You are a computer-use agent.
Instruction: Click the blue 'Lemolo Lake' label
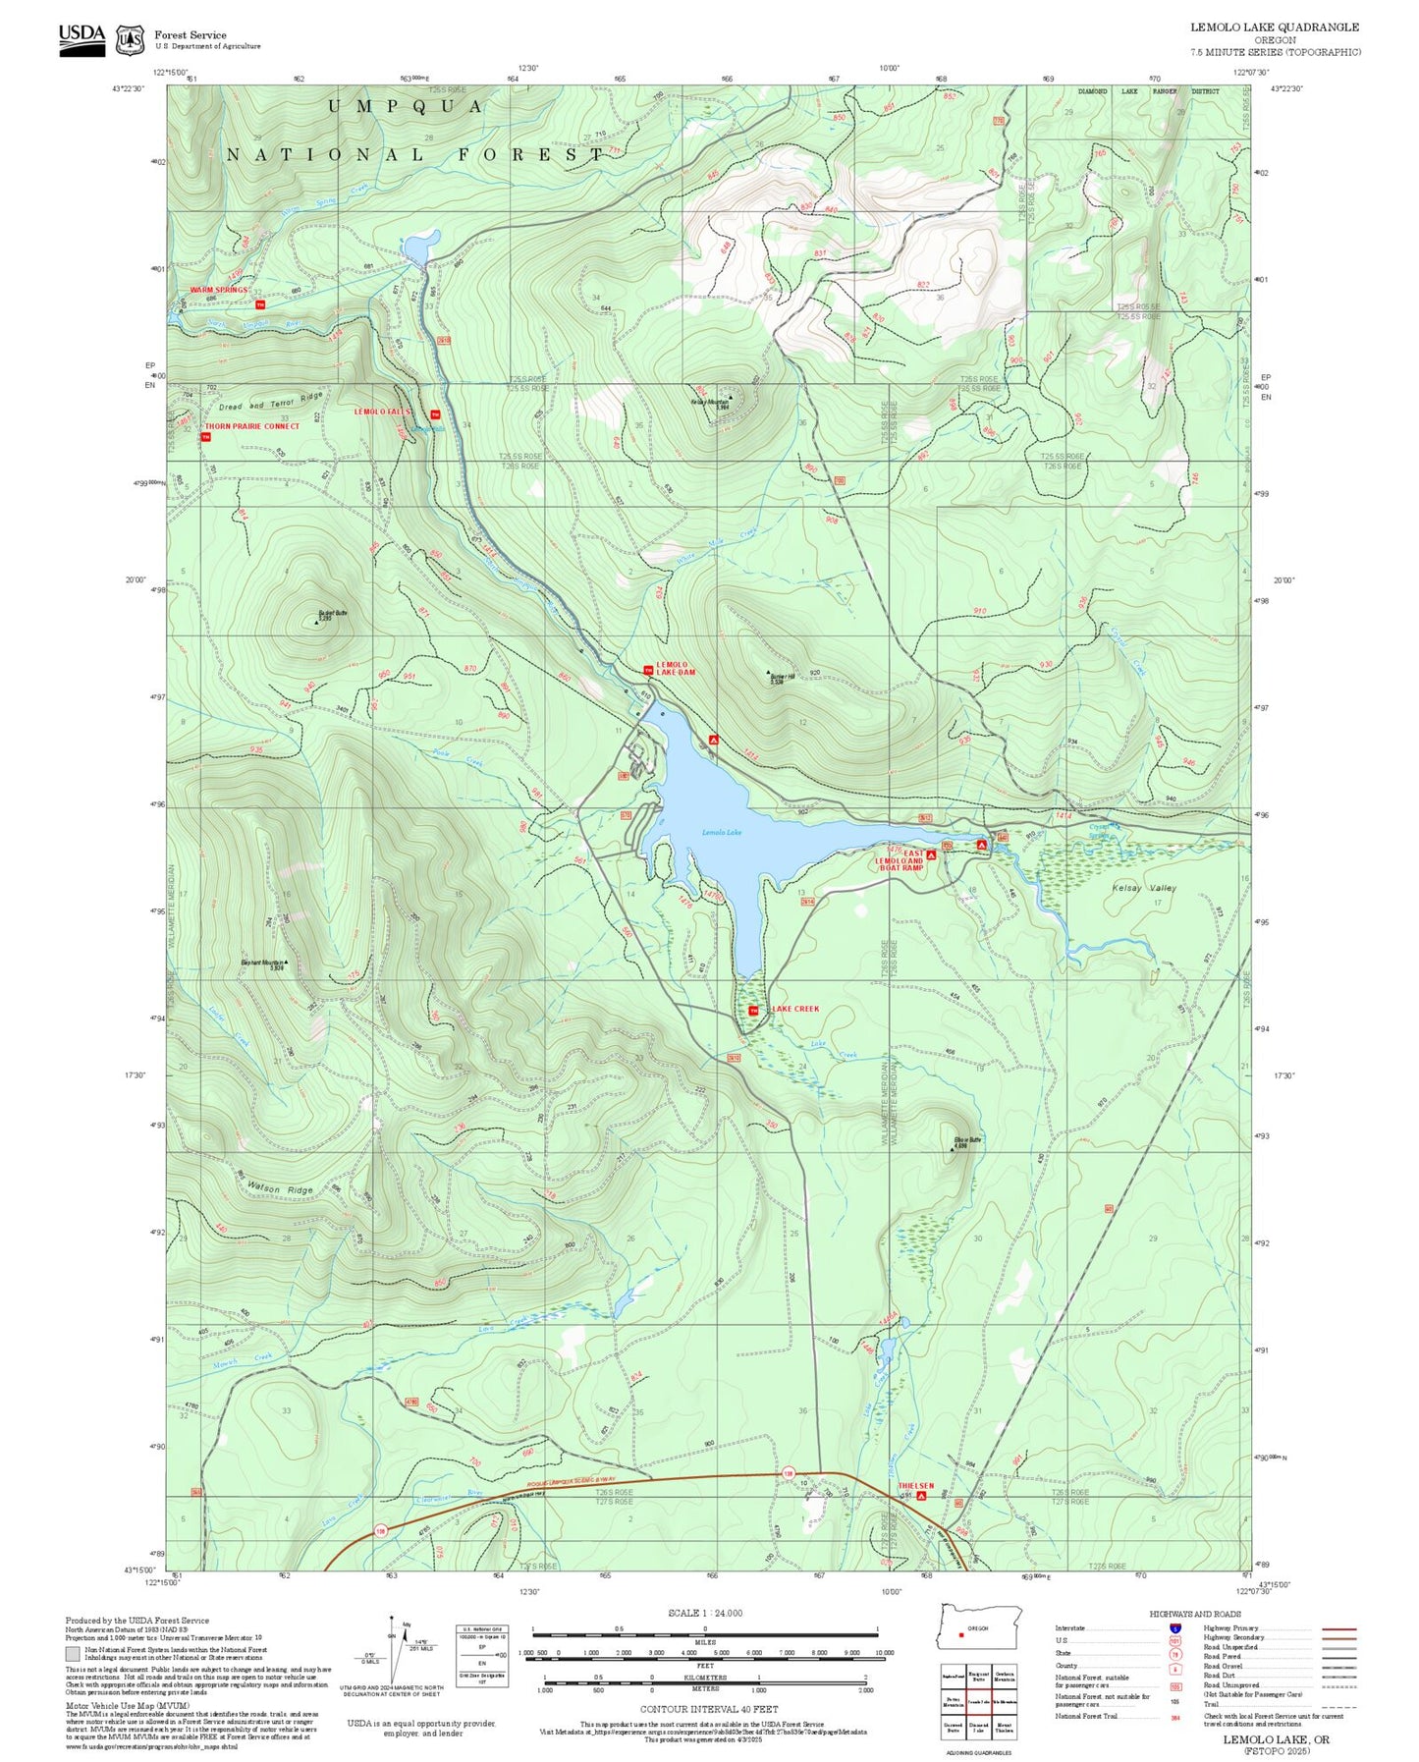[721, 832]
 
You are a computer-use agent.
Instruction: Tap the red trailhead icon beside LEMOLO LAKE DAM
[648, 670]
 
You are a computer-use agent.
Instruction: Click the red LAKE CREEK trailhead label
[794, 1009]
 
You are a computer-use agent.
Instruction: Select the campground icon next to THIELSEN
[921, 1497]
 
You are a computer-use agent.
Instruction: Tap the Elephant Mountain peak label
[263, 964]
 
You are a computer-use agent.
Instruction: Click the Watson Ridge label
[280, 1188]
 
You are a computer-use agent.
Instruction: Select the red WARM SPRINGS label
[218, 291]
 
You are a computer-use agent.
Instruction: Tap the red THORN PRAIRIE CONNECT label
[251, 426]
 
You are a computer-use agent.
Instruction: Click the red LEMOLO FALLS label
[383, 413]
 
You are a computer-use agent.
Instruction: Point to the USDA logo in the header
[82, 38]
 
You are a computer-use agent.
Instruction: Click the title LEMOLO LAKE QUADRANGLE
[1275, 28]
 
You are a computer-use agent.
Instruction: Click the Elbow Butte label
[967, 1141]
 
